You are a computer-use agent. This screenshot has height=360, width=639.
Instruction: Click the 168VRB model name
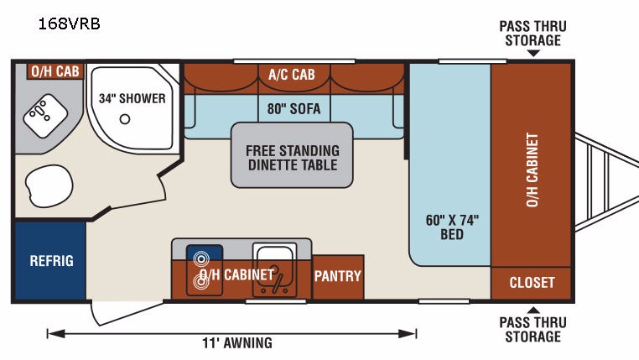[x=70, y=23]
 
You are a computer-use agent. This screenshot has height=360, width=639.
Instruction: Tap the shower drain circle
[x=125, y=119]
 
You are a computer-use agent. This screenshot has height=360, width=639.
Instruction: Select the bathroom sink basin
[x=45, y=116]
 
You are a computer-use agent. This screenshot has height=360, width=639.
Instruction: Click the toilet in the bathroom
[x=49, y=186]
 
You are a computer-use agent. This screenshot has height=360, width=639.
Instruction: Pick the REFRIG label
[x=52, y=261]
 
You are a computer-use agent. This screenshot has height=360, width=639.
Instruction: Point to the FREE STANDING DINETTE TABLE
[x=292, y=155]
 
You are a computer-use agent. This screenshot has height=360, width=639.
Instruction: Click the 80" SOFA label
[x=294, y=109]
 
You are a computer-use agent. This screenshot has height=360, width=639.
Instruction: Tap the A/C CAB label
[x=291, y=74]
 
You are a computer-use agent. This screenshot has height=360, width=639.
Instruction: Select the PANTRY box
[x=338, y=277]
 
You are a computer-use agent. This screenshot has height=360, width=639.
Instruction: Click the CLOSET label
[x=532, y=282]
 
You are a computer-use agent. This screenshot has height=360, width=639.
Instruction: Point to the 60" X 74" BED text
[x=452, y=227]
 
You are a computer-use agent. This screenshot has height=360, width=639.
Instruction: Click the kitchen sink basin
[x=274, y=269]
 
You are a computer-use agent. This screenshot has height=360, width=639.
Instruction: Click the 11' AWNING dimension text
[x=237, y=343]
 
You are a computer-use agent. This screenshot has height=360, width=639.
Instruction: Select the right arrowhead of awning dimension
[x=407, y=334]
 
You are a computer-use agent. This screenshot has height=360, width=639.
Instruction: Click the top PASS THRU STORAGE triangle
[x=533, y=54]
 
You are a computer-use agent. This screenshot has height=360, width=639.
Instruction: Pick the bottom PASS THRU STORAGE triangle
[x=533, y=310]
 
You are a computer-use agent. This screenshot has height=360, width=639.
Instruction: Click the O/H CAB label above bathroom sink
[x=55, y=71]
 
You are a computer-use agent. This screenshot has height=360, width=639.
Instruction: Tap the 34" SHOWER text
[x=132, y=98]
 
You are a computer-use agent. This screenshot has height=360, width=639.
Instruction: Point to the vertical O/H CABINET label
[x=532, y=170]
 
